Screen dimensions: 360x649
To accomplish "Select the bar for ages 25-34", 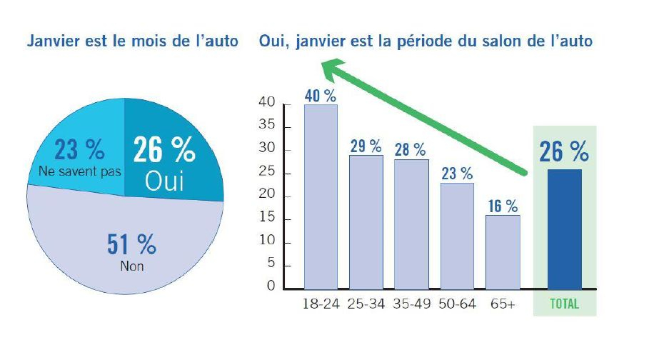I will [366, 221].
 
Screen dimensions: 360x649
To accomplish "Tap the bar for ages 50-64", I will [457, 236].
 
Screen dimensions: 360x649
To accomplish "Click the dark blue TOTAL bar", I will [564, 229].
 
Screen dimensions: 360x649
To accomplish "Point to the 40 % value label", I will [321, 96].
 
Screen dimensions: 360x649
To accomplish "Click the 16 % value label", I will [503, 206].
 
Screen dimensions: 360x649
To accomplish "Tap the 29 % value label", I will [366, 146].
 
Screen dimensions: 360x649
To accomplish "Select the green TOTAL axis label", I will [564, 304].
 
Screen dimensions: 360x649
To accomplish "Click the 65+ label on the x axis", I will [503, 304].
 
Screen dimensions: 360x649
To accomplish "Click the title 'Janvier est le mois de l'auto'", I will [132, 41].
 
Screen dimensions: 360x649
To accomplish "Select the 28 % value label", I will [411, 150].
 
